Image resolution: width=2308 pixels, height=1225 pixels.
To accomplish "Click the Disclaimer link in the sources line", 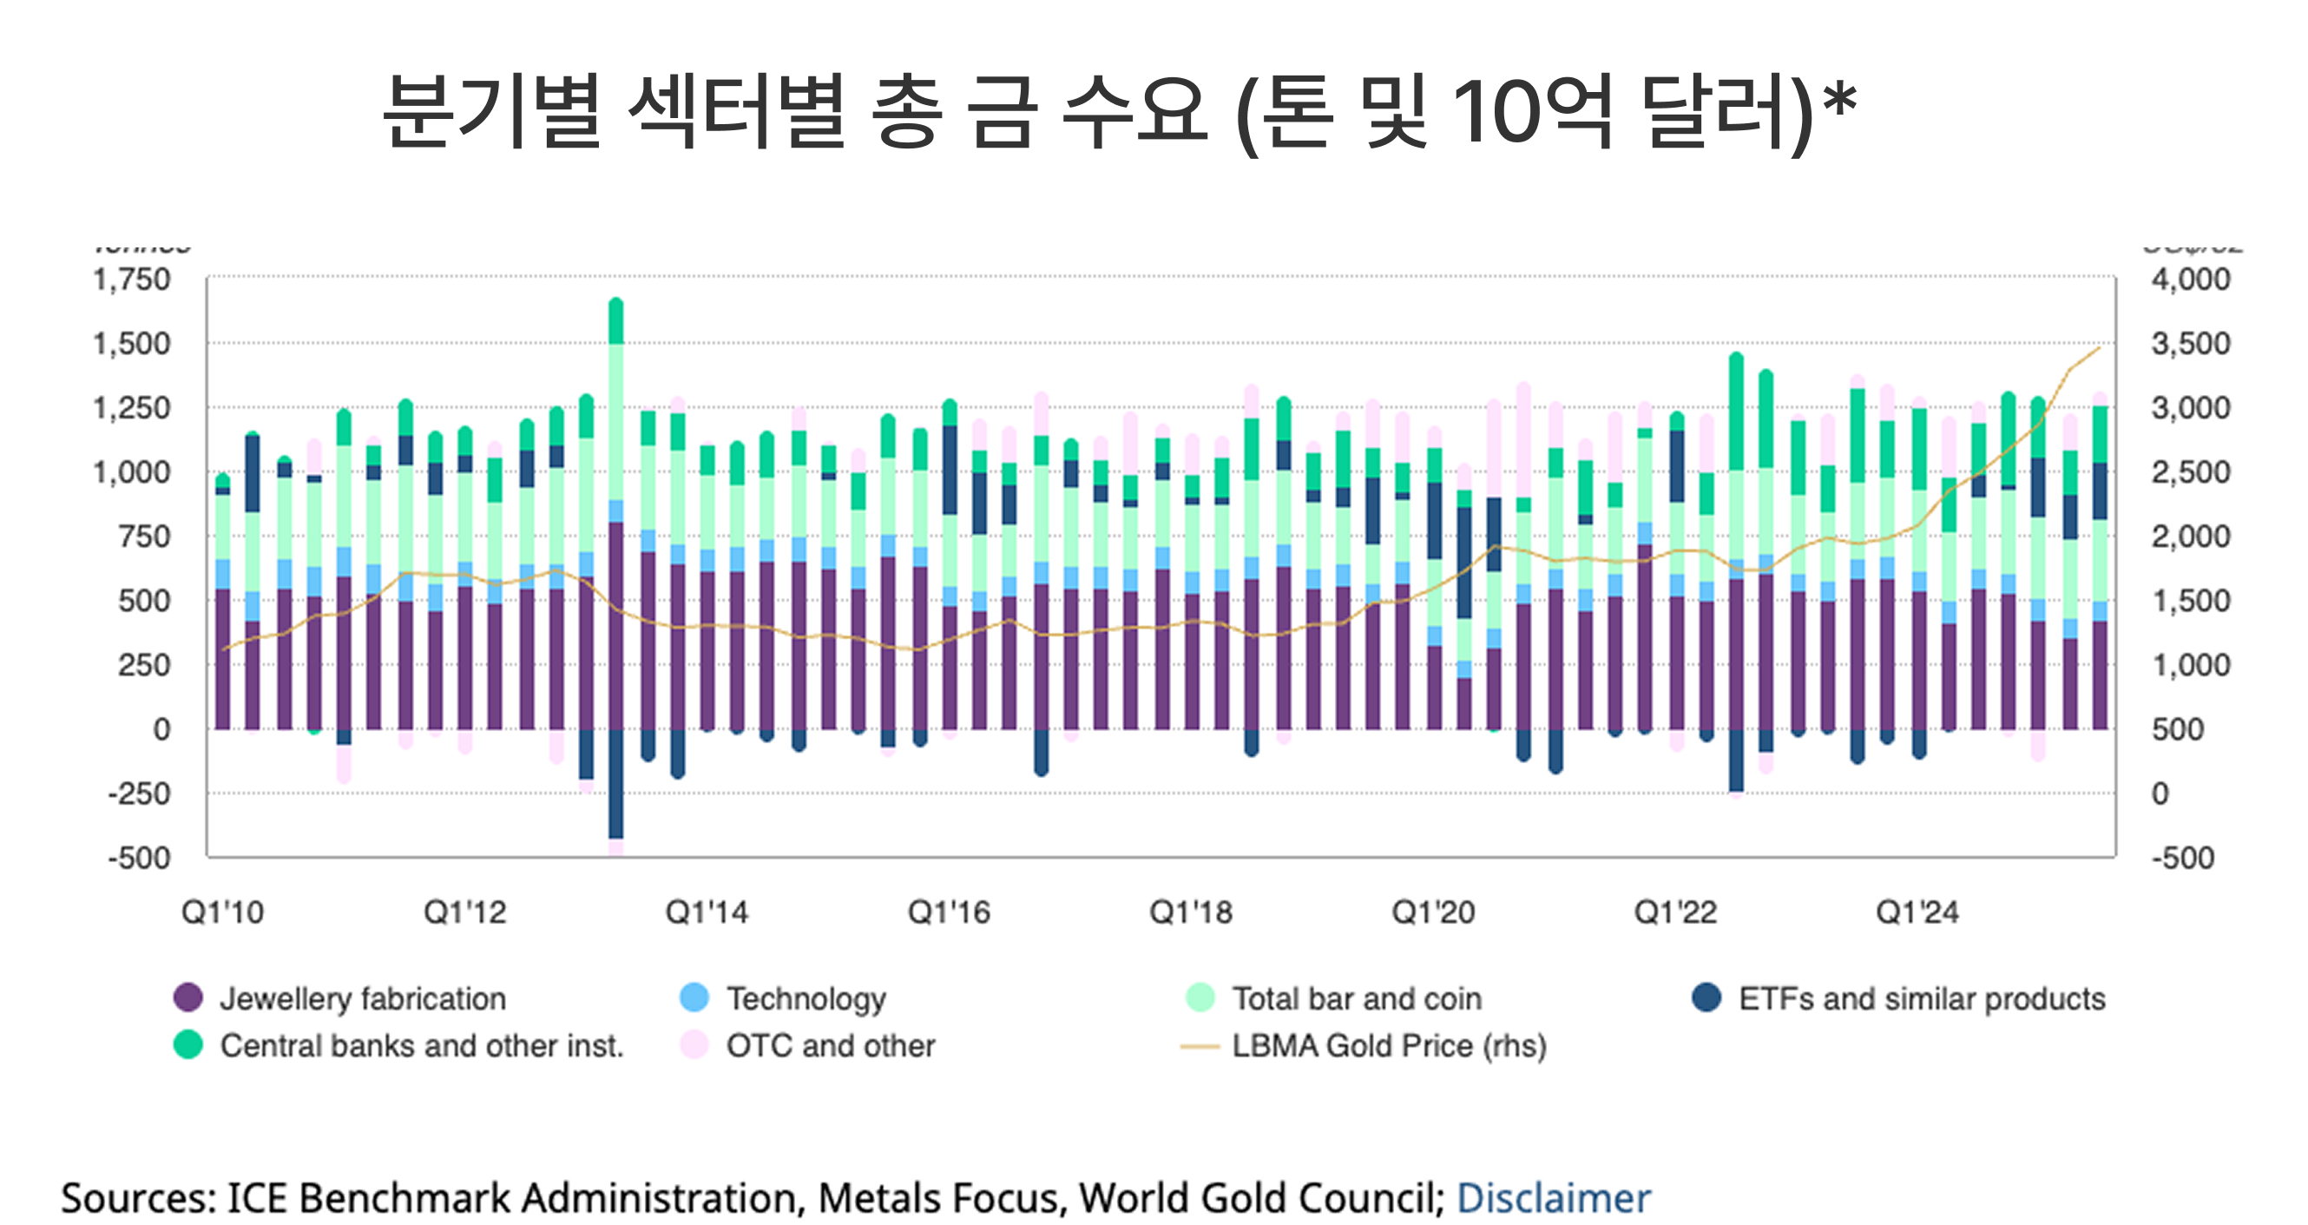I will click(x=1553, y=1198).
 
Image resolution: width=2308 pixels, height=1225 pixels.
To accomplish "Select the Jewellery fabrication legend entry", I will click(x=362, y=998).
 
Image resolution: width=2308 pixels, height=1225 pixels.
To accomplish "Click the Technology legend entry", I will click(x=805, y=998).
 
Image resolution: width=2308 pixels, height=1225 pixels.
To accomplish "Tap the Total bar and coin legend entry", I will click(x=1356, y=998).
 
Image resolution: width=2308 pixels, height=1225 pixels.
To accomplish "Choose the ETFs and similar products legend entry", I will click(x=1921, y=998).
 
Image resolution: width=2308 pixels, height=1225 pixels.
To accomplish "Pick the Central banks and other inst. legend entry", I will click(x=420, y=1046).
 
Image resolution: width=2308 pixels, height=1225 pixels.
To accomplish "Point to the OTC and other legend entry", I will click(x=830, y=1046).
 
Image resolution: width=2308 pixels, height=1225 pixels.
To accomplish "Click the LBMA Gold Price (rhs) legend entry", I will click(x=1388, y=1046).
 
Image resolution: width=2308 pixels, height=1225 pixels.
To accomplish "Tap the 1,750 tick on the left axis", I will click(x=132, y=280).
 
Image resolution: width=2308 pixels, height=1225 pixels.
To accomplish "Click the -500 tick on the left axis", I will click(x=139, y=858).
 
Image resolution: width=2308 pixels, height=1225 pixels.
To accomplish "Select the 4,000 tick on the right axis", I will click(x=2191, y=280).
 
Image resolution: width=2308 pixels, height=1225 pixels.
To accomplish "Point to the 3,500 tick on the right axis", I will click(x=2191, y=344).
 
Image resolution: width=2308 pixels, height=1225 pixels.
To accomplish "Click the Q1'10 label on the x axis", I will click(x=222, y=912).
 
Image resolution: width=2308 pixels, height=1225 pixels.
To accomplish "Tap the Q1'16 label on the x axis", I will click(x=949, y=912).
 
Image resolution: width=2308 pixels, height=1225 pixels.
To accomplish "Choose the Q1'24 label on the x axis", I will click(x=1917, y=912).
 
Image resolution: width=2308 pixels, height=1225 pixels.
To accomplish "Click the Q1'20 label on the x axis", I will click(x=1433, y=912).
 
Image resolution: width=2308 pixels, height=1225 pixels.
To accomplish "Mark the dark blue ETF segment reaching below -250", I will click(x=615, y=788).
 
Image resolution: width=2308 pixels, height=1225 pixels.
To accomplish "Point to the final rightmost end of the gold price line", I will click(x=2099, y=347).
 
